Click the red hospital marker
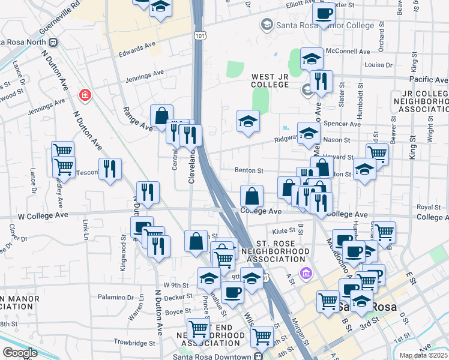tap(85, 95)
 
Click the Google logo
tap(20, 353)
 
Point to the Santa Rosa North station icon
tap(52, 42)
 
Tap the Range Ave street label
tap(138, 118)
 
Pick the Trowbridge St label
tap(131, 343)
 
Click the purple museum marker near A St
tap(306, 274)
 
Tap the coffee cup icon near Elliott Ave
tap(324, 13)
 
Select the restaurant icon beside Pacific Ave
tap(321, 81)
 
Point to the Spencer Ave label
tap(342, 124)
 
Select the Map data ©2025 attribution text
tap(424, 355)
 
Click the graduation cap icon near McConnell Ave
tap(312, 58)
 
